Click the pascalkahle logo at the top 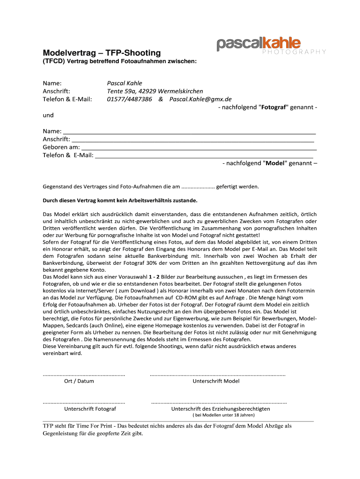pyautogui.click(x=259, y=44)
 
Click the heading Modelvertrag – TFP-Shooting pyautogui.click(x=102, y=53)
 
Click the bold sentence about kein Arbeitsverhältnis pyautogui.click(x=120, y=201)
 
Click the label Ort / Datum pyautogui.click(x=79, y=381)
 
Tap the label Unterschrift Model pyautogui.click(x=216, y=381)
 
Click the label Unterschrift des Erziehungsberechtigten pyautogui.click(x=220, y=409)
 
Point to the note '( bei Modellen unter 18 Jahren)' pyautogui.click(x=223, y=415)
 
